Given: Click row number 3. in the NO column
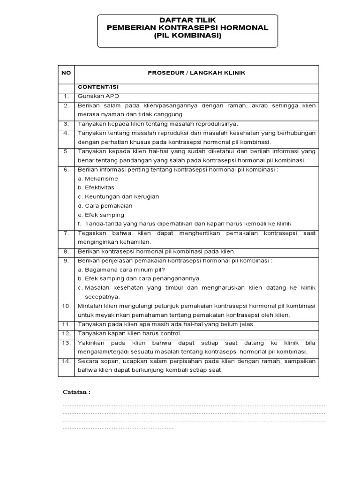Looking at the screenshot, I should (66, 124).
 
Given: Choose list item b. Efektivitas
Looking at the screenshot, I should (96, 187).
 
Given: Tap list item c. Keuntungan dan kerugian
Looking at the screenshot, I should (113, 196).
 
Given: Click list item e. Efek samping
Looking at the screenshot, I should (101, 215).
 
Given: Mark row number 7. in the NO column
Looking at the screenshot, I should (66, 233).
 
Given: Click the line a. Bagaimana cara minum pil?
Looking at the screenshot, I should (121, 270).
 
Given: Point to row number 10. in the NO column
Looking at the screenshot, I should (66, 306).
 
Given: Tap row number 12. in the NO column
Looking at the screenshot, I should (66, 333).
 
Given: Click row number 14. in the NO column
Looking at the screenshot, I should (66, 361).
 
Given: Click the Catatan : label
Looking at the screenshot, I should (76, 392).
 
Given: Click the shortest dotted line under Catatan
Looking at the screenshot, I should (118, 428).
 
